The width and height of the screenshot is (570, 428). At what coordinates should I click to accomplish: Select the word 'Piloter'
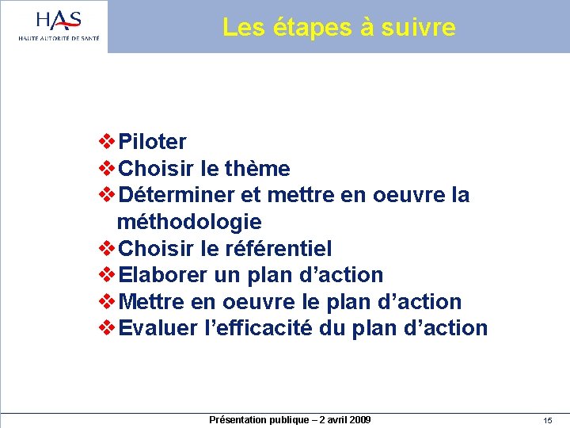pyautogui.click(x=152, y=143)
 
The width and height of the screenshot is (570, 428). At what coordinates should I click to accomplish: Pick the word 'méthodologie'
pyautogui.click(x=189, y=222)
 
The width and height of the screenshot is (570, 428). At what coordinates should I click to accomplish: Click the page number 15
pyautogui.click(x=547, y=420)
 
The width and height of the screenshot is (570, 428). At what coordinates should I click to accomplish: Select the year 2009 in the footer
pyautogui.click(x=358, y=419)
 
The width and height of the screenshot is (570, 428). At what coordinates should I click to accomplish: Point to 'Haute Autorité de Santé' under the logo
pyautogui.click(x=59, y=38)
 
